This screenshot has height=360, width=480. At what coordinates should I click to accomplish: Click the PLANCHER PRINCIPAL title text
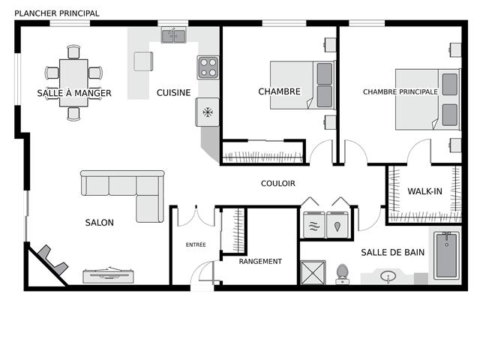[x=57, y=13]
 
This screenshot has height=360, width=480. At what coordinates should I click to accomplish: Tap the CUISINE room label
[x=173, y=92]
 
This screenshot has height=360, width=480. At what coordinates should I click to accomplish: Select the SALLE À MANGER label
[x=74, y=93]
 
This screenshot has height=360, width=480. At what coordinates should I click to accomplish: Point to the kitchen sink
[x=173, y=36]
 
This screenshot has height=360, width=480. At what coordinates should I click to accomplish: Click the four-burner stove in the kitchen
[x=208, y=67]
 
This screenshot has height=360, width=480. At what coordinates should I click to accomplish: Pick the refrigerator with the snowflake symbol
[x=208, y=112]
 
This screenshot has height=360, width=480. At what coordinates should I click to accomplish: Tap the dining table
[x=73, y=82]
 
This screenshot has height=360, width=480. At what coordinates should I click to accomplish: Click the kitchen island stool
[x=143, y=61]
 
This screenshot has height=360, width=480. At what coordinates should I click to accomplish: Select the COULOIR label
[x=278, y=183]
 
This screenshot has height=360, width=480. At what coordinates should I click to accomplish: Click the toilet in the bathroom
[x=342, y=274]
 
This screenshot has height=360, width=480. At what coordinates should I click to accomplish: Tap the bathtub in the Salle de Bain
[x=447, y=256]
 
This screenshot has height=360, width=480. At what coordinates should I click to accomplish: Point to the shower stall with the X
[x=313, y=272]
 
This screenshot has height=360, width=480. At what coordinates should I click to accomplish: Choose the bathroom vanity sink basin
[x=388, y=276]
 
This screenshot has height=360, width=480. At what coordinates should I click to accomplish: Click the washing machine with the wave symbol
[x=313, y=224]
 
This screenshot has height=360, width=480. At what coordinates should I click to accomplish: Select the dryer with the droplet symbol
[x=337, y=224]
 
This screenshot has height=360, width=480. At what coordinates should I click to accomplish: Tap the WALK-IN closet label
[x=425, y=191]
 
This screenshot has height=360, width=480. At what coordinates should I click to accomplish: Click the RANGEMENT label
[x=260, y=262]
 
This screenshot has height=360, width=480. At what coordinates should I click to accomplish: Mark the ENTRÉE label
[x=196, y=244]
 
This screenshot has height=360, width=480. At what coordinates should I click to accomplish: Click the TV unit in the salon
[x=109, y=275]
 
